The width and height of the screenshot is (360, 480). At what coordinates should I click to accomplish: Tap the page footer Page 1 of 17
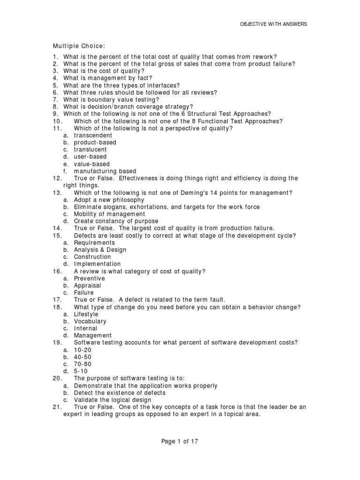180,441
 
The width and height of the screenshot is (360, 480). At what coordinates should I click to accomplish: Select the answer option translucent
90,150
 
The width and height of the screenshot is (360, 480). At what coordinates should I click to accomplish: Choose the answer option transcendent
93,135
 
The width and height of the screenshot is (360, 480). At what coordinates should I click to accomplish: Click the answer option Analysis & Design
100,250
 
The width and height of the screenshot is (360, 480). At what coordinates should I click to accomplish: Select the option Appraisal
87,285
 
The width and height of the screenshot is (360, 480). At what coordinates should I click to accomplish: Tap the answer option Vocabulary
90,322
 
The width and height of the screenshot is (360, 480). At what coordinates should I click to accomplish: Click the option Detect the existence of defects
120,393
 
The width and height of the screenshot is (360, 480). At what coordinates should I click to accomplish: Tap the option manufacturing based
105,171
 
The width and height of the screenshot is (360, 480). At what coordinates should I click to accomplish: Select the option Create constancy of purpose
116,221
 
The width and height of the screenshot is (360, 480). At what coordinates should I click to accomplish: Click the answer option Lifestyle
86,314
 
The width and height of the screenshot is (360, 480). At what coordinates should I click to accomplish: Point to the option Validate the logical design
112,400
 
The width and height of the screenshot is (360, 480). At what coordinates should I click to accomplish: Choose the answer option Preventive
90,278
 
